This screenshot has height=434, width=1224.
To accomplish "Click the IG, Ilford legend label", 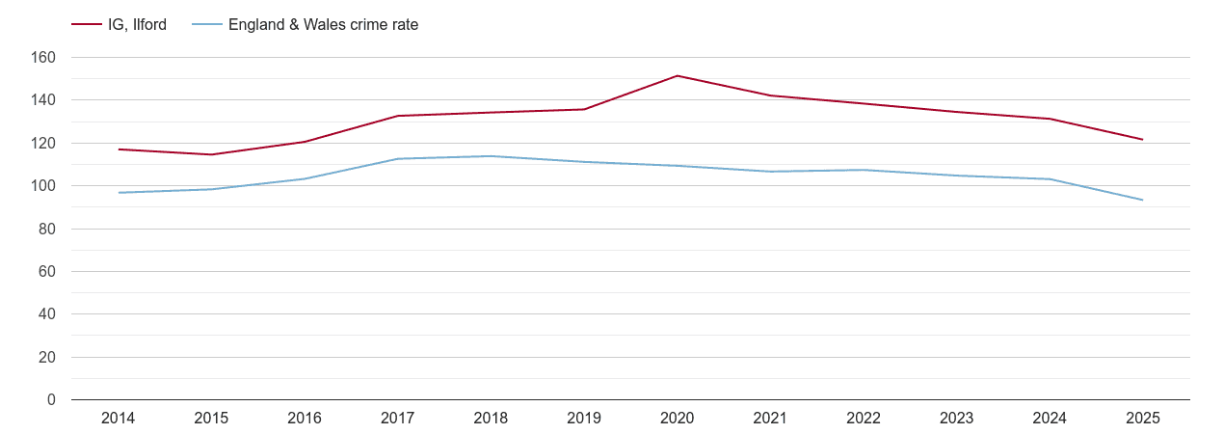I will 137,25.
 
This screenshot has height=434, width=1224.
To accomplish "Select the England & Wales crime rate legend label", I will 323,25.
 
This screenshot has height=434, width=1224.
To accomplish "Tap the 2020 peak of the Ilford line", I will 678,75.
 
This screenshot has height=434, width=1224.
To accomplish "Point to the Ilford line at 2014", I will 119,149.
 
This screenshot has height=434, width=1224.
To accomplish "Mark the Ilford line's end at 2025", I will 1143,140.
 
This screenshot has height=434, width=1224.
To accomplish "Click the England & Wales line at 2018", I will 491,156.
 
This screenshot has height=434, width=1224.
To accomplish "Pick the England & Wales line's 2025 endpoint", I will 1143,200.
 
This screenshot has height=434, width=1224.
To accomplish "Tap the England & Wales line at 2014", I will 119,193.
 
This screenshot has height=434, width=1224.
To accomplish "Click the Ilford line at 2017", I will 398,116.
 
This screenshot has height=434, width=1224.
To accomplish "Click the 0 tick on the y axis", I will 51,400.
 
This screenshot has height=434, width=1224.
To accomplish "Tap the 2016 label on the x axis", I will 305,419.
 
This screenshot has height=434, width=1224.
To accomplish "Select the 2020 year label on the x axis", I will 678,419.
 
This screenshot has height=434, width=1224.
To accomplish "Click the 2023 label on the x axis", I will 957,419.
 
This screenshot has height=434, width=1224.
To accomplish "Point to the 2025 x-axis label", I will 1143,419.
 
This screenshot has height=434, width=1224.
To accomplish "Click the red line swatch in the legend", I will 87,25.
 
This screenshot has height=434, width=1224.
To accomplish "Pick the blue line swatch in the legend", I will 207,25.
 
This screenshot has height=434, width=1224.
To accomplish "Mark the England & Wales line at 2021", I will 771,172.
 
